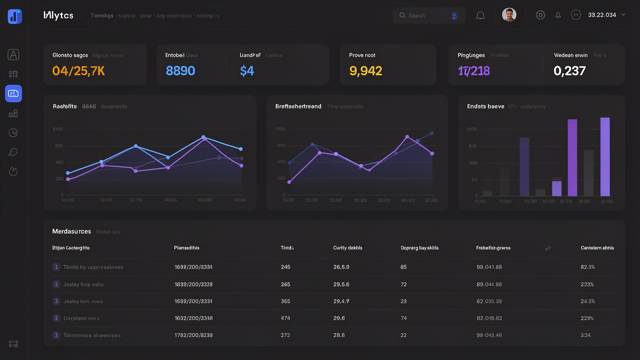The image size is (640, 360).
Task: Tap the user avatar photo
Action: click(509, 15)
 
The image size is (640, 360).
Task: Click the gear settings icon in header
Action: click(540, 15)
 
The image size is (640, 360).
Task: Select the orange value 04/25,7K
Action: click(79, 71)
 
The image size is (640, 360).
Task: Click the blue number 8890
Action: click(180, 71)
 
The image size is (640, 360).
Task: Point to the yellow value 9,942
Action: click(365, 71)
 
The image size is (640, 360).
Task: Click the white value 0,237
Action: click(569, 71)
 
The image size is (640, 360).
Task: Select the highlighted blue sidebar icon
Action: click(14, 93)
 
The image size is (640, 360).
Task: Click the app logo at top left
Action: click(15, 16)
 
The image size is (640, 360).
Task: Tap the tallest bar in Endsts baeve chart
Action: click(605, 157)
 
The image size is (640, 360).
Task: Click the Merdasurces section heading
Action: click(72, 231)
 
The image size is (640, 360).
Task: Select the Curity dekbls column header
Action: click(348, 248)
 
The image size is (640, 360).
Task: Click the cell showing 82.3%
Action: click(588, 267)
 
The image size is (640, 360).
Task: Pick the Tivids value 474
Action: click(285, 318)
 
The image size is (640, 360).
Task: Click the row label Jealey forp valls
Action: click(83, 284)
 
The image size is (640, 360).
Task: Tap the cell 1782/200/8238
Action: click(194, 335)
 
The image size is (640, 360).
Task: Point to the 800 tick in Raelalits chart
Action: click(59, 146)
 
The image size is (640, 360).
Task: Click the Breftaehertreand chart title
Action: click(298, 106)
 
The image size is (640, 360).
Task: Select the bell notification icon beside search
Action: click(480, 15)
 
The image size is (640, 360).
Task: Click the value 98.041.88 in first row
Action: click(489, 267)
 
